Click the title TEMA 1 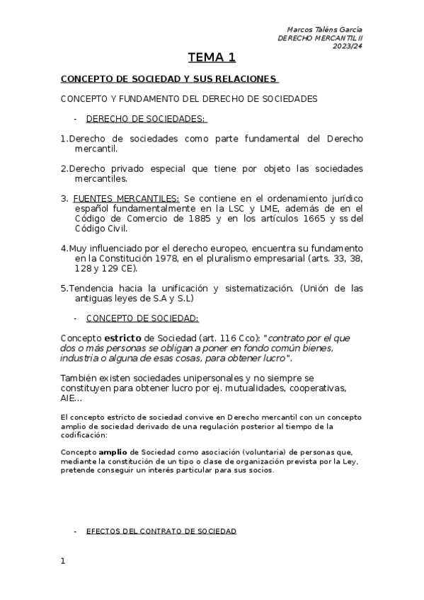(212, 57)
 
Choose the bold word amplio (113, 452)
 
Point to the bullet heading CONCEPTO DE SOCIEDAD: (142, 318)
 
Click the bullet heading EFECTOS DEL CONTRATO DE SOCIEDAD (161, 531)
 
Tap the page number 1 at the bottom (63, 561)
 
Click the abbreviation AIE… (71, 399)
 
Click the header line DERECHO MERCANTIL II (320, 37)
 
